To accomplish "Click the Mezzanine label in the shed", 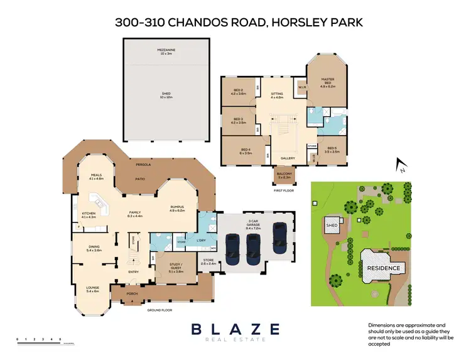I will (166, 50).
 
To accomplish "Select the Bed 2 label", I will (238, 92).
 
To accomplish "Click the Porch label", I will (132, 293).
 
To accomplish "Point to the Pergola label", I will (142, 165).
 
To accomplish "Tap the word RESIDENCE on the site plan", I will (383, 268).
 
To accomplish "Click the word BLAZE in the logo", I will (235, 329).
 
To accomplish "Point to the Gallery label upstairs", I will (288, 158).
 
